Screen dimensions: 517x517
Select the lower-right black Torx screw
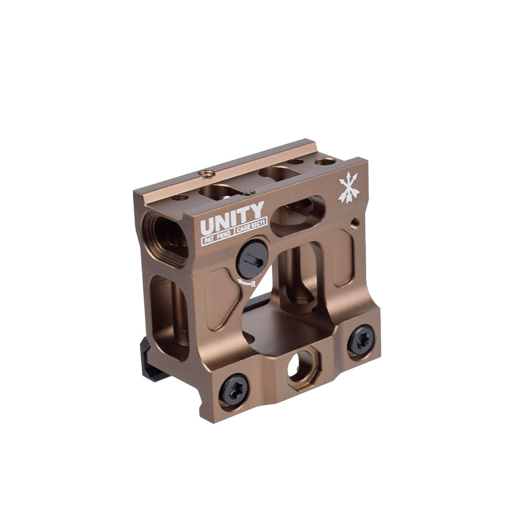361,339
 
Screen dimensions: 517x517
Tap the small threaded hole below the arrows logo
354,223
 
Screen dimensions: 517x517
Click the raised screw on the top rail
206,174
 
